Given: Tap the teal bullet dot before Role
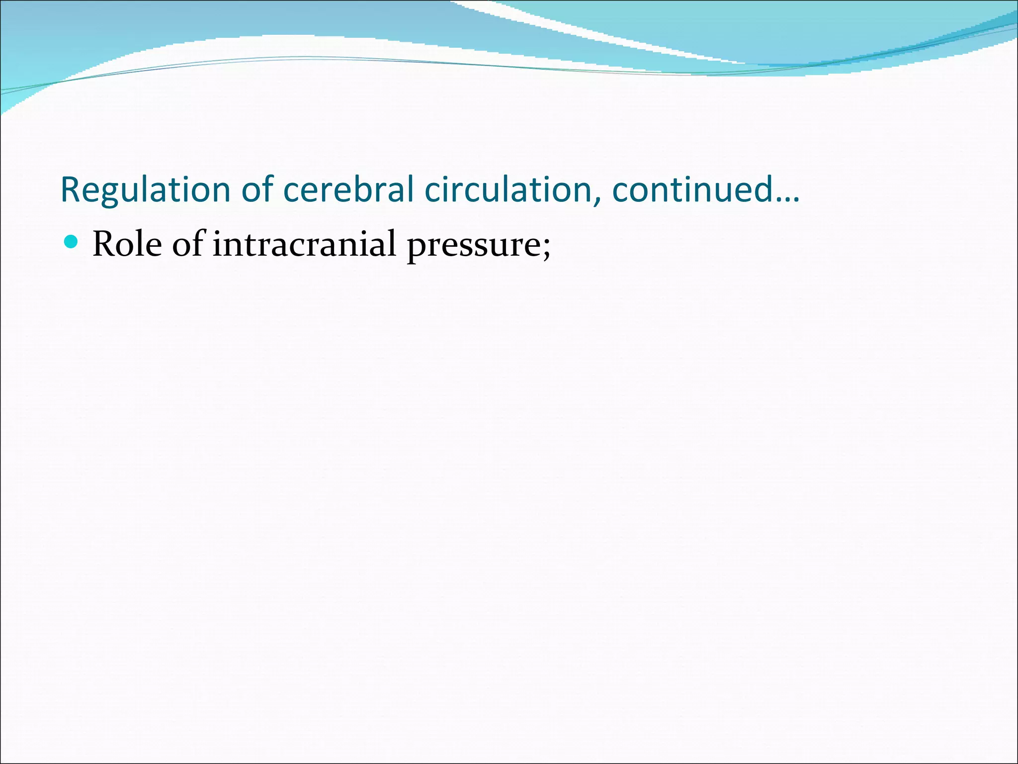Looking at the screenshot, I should pos(72,242).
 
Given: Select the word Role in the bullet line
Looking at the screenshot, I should pos(127,244).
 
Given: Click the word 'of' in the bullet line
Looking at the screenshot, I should pos(188,244).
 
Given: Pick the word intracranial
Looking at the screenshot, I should pos(304,244).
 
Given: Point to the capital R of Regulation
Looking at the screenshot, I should pos(71,190).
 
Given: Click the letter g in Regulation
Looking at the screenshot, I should pos(108,194).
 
